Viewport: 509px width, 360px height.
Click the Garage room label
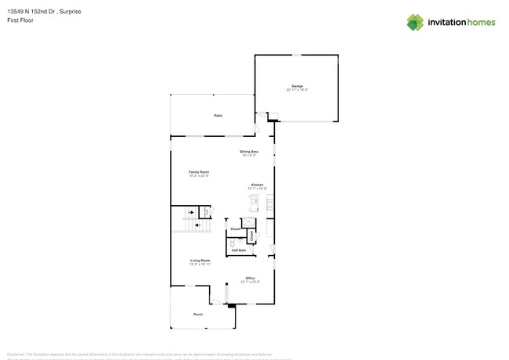297,85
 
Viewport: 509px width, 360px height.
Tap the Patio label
218,116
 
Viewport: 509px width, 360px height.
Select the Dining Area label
249,151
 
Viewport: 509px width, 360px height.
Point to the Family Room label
198,171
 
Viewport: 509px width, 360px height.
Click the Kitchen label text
257,185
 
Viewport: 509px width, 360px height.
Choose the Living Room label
200,260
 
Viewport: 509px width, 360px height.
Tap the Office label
250,278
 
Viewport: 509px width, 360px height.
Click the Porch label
198,315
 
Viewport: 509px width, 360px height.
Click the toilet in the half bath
233,243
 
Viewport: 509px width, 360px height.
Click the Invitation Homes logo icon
415,22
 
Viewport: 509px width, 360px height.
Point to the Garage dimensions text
297,89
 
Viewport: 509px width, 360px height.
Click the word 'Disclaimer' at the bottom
39,355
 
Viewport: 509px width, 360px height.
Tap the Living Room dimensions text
200,264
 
